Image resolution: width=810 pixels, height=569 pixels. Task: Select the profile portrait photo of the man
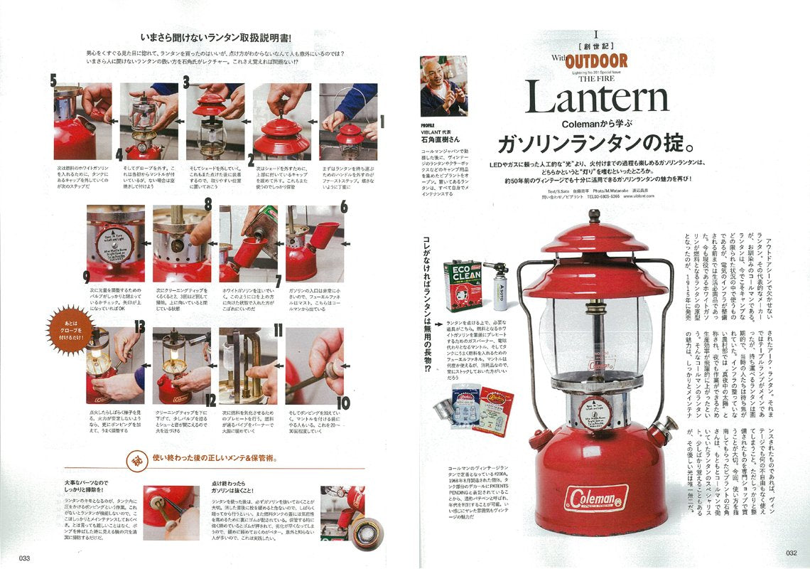443,86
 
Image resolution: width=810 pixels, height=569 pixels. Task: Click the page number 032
791,553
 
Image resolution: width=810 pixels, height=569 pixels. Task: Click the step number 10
342,403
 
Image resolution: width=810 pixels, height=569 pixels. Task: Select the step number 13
139,328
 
